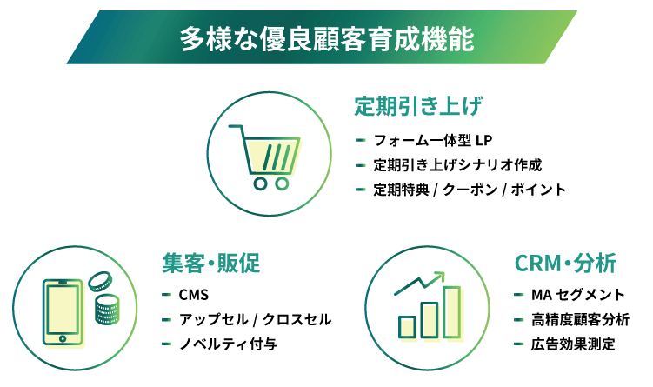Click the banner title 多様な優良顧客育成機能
327,39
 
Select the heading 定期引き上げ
418,106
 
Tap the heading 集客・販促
211,264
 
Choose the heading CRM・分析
565,264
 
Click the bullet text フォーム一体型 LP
433,140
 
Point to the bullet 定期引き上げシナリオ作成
457,165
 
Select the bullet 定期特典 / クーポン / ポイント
470,190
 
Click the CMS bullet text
194,295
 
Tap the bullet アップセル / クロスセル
256,319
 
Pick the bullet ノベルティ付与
228,344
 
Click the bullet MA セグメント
578,295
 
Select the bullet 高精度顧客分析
580,319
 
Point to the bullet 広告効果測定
573,344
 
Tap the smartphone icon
63,312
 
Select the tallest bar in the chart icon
452,311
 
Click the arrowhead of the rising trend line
439,276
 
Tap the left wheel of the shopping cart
260,183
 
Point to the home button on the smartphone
63,338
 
